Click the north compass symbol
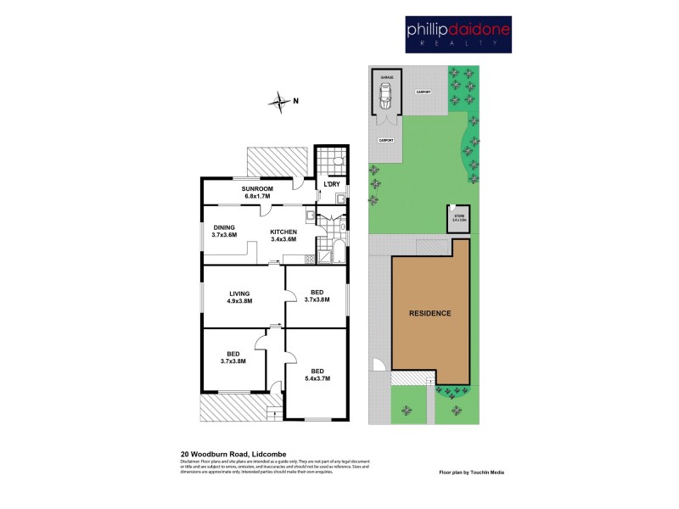click(x=279, y=103)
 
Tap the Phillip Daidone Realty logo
click(x=457, y=35)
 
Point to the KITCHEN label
click(x=283, y=235)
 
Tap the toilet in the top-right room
click(x=338, y=160)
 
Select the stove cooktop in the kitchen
click(x=309, y=259)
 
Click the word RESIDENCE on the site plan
click(x=429, y=313)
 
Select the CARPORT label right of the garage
click(x=424, y=92)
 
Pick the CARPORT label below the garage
click(x=385, y=141)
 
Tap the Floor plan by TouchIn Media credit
click(x=471, y=472)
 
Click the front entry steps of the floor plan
click(x=273, y=412)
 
